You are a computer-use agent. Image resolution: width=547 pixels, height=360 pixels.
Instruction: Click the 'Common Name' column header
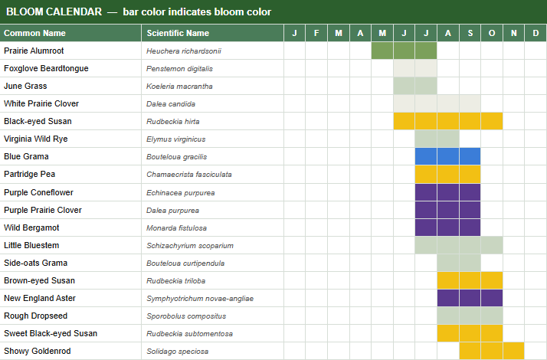click(35, 33)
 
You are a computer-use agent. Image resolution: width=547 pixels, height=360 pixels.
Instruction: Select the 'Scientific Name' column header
click(178, 33)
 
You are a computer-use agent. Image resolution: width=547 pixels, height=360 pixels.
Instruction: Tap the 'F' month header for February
click(316, 33)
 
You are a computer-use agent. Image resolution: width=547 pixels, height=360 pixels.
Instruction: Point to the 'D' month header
click(536, 33)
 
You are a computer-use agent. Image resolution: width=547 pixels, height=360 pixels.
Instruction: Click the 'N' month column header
click(514, 33)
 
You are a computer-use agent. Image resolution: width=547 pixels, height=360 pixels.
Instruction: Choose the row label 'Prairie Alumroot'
click(34, 51)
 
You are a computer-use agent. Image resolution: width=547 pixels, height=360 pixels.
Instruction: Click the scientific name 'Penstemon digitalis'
click(179, 69)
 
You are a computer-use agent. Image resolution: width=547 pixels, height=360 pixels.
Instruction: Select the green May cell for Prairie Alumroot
click(382, 51)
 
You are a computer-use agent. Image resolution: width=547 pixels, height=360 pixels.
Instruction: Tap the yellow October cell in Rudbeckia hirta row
click(492, 121)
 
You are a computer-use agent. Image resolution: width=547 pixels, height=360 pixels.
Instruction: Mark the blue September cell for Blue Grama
click(470, 156)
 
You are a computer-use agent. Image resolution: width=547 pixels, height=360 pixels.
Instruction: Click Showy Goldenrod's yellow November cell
click(514, 351)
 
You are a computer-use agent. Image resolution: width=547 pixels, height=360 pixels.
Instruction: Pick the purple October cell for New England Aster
click(492, 298)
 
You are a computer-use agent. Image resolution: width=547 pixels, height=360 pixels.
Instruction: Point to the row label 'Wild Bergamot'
click(31, 227)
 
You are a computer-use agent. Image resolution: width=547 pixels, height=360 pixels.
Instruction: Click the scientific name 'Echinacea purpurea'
click(180, 193)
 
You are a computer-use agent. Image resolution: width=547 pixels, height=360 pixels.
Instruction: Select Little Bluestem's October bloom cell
click(492, 245)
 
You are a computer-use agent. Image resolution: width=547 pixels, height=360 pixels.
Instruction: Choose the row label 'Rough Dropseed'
click(35, 316)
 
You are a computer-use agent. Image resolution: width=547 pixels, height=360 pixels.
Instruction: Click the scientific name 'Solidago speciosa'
click(177, 352)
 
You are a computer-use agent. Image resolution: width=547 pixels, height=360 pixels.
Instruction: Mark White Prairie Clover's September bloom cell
click(470, 103)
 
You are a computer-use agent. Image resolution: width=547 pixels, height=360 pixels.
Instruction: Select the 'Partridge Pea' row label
click(30, 174)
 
